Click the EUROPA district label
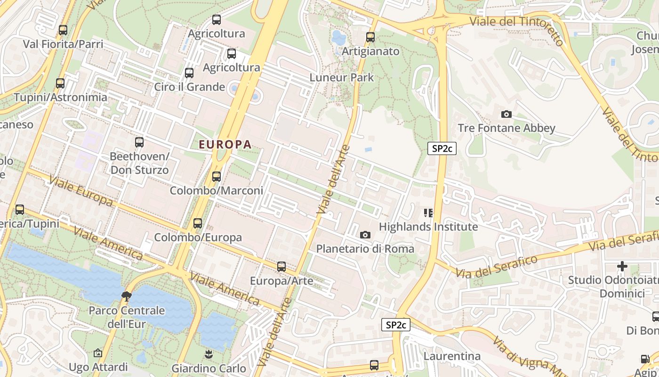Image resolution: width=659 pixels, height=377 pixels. point(225,145)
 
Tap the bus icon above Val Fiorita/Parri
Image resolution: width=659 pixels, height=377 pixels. point(63,30)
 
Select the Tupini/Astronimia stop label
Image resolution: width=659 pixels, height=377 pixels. point(60,98)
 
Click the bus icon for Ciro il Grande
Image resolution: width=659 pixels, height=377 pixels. point(189,73)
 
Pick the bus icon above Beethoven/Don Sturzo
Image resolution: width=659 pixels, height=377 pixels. point(139,142)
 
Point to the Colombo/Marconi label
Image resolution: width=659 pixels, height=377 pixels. point(216,191)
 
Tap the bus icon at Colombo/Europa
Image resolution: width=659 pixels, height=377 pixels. point(198,223)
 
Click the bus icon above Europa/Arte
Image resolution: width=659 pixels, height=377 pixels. point(281,267)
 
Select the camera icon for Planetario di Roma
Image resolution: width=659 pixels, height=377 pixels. point(365,235)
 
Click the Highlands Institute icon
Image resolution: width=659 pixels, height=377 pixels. point(428,213)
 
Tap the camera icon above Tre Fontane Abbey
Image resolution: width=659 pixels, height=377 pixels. point(506,114)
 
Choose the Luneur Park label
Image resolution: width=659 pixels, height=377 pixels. point(341,77)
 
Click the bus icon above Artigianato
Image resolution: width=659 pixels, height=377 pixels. point(370,37)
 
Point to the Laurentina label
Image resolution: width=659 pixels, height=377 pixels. point(452,356)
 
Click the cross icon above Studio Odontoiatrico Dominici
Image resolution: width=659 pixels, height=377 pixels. point(622,266)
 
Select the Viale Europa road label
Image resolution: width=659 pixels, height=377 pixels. point(80,191)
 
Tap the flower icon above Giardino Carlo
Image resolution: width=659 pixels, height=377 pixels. point(208,353)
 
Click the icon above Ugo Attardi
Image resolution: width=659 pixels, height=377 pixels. point(98,353)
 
